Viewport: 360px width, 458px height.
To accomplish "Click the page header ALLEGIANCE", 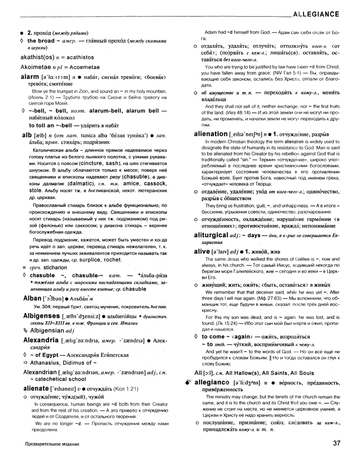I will (x=316, y=14).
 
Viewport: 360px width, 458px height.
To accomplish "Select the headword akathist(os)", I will (x=38, y=58).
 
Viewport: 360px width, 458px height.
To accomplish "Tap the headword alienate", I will (x=35, y=388).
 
